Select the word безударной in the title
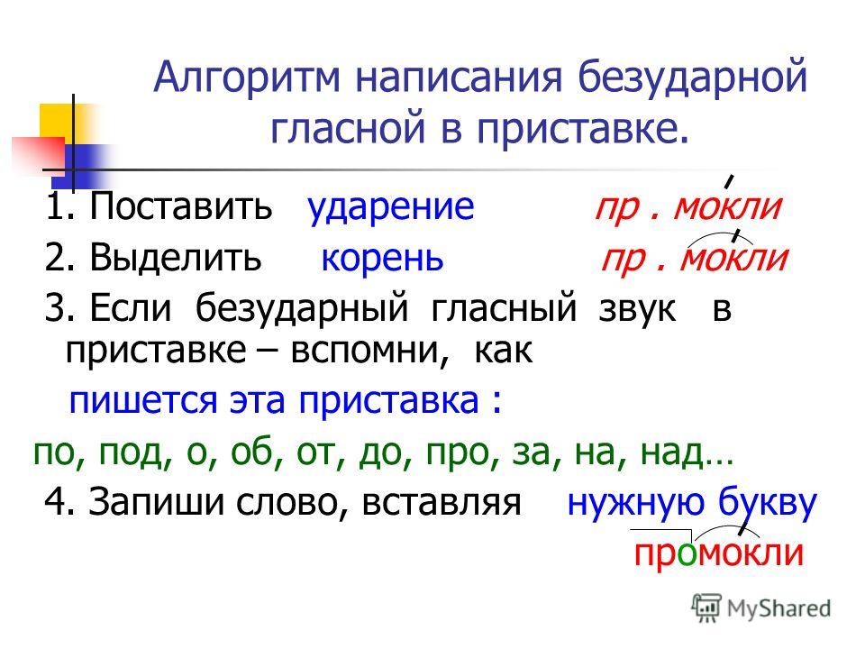693,78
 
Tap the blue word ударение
390,207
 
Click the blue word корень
382,258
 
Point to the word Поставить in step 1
181,206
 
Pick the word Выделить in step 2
176,257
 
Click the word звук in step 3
637,309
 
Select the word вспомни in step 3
369,351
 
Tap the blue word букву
768,503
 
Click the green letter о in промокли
687,554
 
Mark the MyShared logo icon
706,608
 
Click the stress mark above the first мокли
729,181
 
